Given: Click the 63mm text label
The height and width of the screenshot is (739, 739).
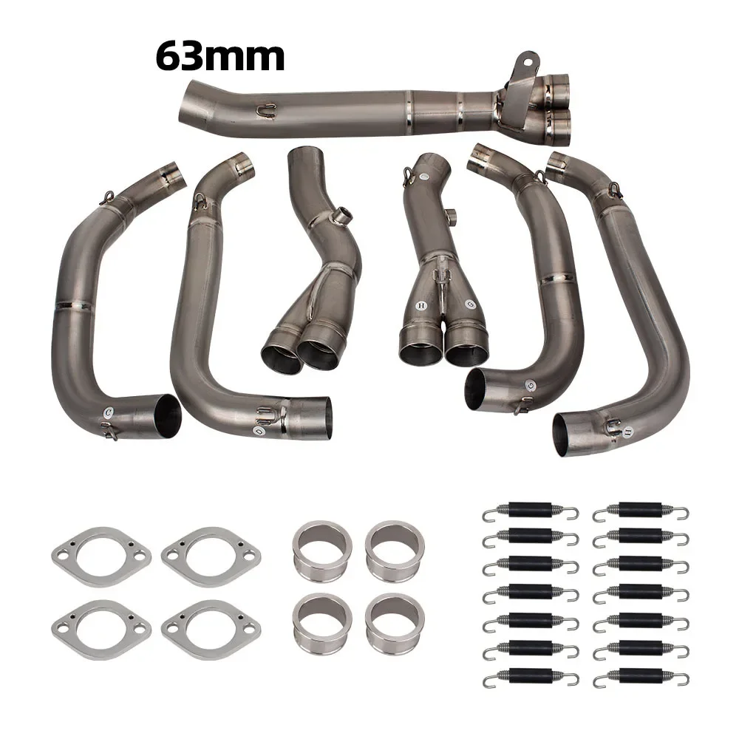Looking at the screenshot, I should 219,56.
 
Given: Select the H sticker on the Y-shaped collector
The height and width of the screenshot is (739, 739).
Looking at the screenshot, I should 420,304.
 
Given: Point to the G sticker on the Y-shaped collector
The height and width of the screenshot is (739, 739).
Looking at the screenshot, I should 471,304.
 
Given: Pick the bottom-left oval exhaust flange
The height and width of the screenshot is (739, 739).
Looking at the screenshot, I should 101,629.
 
